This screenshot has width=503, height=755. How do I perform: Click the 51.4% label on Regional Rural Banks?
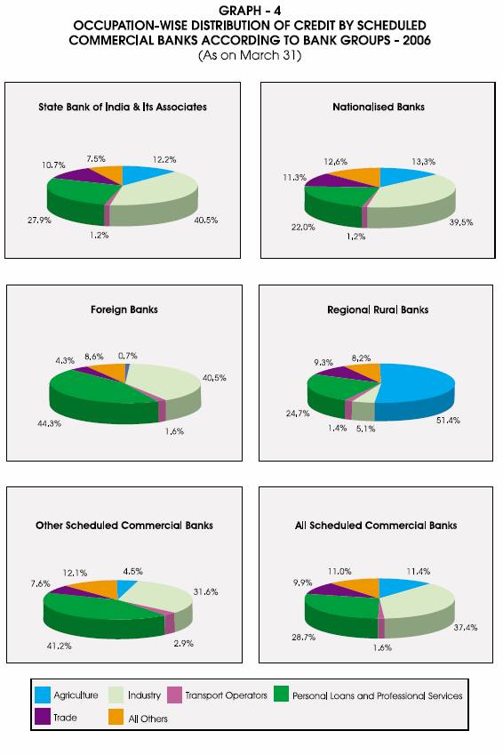coord(448,421)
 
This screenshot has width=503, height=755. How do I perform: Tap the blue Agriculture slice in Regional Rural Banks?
coord(417,390)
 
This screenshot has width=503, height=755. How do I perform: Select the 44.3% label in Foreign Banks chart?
coord(49,423)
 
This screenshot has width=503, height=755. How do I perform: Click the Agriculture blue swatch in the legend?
coord(43,695)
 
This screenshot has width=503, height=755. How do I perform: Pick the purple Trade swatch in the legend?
coord(43,717)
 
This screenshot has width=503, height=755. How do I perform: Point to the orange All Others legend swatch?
coord(116,717)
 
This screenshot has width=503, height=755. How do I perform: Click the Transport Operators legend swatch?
coord(174,695)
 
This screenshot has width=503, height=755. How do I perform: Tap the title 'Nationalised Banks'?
coord(379,107)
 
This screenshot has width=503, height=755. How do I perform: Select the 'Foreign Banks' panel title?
coord(124,309)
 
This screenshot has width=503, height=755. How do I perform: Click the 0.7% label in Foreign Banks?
coord(128,356)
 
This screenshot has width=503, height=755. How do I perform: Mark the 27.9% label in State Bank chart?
coord(39,221)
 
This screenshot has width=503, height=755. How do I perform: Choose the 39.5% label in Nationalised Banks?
coord(461,222)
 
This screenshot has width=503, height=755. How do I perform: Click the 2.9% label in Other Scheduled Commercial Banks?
coord(183,643)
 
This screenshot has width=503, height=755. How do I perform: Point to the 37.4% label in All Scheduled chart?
coord(466,628)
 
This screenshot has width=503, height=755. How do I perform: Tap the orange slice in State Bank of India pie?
coord(107,173)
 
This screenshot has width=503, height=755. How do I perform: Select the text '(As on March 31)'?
coord(250,55)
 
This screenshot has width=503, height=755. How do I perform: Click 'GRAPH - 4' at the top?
coord(250,11)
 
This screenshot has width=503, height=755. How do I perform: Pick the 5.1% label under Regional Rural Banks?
coord(366,429)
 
